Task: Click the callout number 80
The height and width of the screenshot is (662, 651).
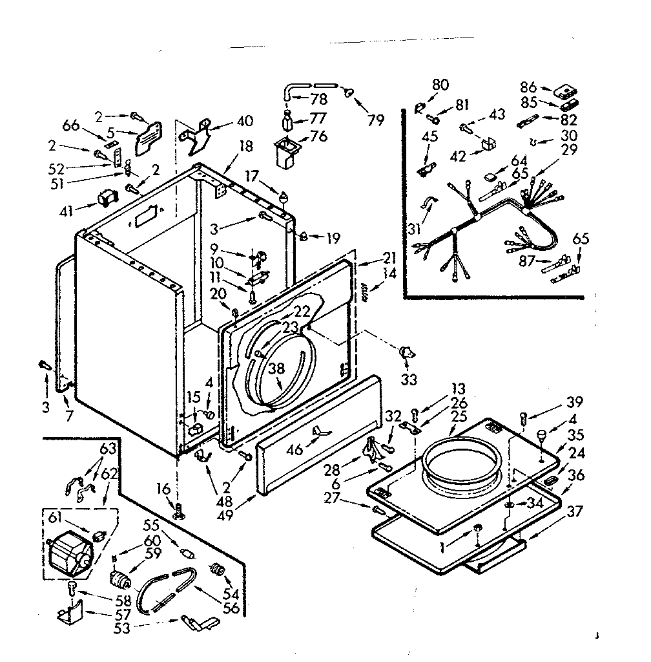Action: coord(440,84)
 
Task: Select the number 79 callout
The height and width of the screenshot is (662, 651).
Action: coord(376,120)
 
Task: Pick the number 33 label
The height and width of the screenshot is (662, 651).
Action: coord(408,378)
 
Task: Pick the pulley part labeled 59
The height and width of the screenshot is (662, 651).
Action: coord(119,577)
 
